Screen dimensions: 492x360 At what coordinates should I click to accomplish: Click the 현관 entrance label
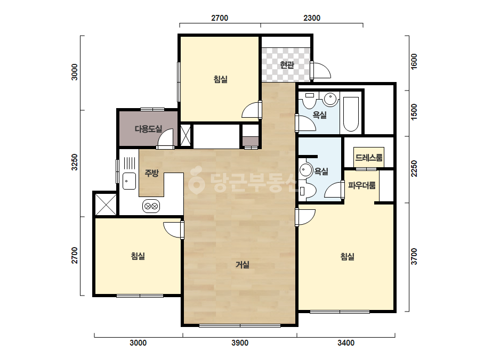287,65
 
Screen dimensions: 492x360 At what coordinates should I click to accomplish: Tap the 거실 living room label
243,265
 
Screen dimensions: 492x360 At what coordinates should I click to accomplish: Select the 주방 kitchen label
151,173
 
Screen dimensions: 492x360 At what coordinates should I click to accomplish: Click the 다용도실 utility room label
148,128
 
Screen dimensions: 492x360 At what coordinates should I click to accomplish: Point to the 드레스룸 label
369,157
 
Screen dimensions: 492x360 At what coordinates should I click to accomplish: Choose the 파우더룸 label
362,185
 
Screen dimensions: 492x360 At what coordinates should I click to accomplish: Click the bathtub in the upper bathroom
351,114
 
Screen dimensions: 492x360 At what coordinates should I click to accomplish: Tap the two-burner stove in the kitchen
151,206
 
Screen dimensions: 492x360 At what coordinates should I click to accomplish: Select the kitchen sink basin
129,181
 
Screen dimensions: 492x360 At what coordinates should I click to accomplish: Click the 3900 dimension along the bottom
240,343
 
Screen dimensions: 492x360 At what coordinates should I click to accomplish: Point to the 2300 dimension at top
312,18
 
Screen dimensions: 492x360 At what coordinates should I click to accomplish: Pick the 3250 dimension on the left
75,162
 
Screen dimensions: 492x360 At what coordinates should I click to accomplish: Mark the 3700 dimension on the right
414,256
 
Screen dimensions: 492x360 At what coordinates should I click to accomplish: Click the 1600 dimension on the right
414,61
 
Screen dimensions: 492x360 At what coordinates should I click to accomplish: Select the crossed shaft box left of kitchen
106,204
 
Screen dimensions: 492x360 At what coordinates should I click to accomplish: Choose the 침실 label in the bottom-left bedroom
138,256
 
